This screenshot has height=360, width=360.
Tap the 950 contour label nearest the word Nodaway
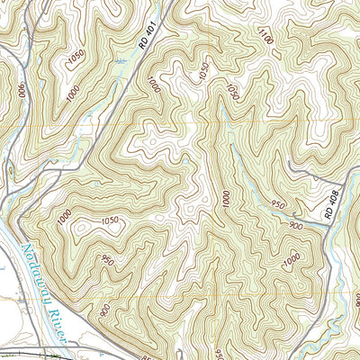coord(108,261)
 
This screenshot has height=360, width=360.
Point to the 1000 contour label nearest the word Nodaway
coord(62,216)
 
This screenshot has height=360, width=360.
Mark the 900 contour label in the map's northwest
coord(20,90)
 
